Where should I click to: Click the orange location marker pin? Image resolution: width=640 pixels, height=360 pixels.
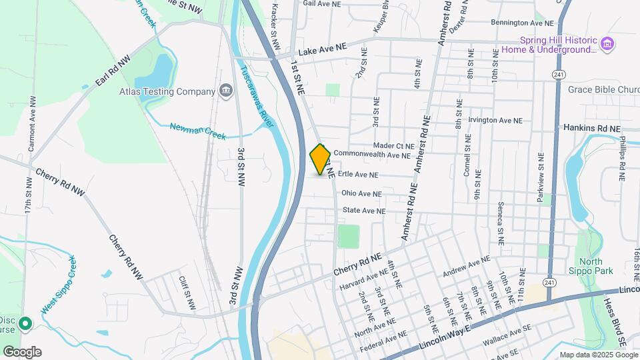click(x=320, y=159)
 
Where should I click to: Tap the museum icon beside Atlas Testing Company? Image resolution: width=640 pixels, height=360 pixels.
click(x=226, y=91)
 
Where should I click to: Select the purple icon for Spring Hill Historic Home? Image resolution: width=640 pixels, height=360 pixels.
click(x=607, y=45)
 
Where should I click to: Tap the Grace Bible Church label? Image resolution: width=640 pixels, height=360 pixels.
click(x=603, y=89)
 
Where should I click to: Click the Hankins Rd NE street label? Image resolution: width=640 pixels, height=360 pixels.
click(x=591, y=128)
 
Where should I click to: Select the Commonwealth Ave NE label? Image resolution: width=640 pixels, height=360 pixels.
click(x=372, y=155)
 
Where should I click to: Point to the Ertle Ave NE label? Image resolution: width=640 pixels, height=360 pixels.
click(x=358, y=175)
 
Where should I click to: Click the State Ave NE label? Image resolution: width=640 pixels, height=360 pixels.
click(x=364, y=211)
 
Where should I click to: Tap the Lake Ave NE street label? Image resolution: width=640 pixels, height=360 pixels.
click(x=323, y=49)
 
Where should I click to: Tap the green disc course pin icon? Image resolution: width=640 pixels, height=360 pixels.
click(x=25, y=325)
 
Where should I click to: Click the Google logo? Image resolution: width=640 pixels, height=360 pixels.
click(x=22, y=351)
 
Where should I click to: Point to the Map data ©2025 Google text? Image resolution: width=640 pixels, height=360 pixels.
click(x=598, y=355)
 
